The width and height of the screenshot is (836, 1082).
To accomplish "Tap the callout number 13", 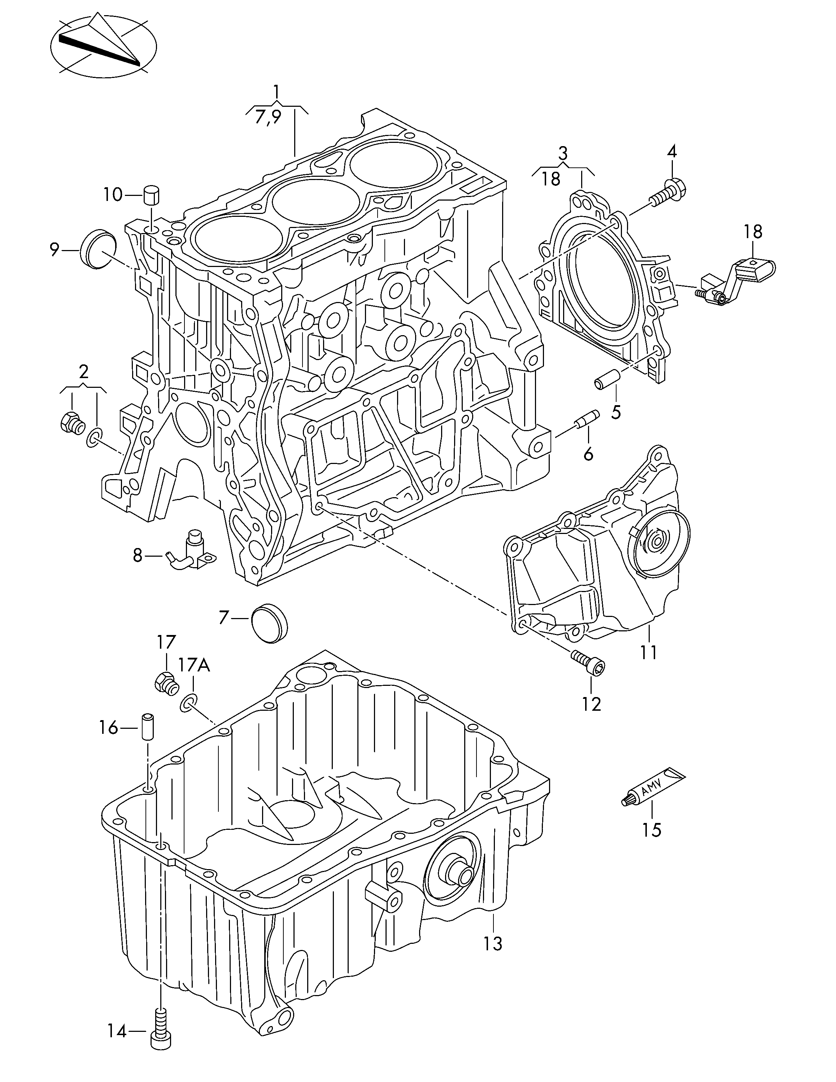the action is coord(493,943).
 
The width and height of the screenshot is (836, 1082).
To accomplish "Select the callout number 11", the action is coord(648,652).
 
